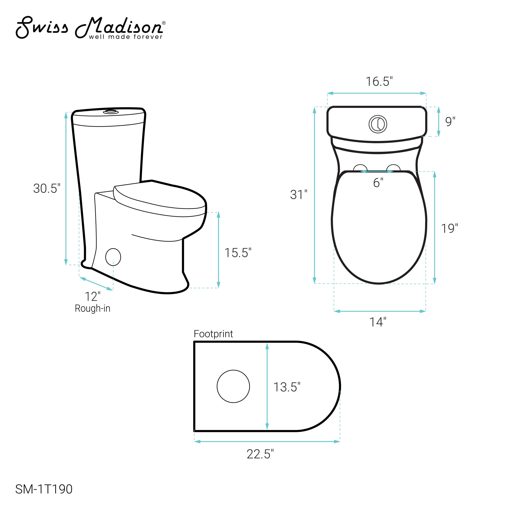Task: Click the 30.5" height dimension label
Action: [x=47, y=188]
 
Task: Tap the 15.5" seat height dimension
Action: [x=238, y=253]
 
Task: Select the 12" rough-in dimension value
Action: [x=93, y=297]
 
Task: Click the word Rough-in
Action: [x=93, y=309]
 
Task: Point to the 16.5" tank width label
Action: [x=379, y=81]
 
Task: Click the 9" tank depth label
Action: [x=450, y=122]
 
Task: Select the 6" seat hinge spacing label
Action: [x=378, y=182]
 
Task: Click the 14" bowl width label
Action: [x=378, y=322]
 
